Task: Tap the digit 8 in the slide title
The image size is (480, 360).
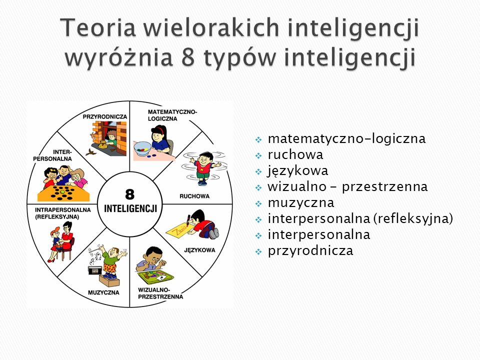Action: click(188, 57)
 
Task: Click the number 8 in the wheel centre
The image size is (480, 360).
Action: click(130, 194)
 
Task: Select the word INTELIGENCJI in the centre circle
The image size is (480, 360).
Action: click(130, 209)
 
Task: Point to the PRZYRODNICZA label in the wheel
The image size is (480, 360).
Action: click(104, 116)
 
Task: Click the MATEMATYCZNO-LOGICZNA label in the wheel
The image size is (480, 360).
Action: click(172, 115)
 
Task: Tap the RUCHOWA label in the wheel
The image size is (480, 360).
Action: click(194, 196)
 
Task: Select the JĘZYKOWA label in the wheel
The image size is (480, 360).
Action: click(199, 250)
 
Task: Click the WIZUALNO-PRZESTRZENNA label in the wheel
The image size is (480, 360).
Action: click(160, 293)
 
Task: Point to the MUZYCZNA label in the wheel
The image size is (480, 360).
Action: click(103, 292)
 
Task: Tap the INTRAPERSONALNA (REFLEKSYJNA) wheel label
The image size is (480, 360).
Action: click(63, 213)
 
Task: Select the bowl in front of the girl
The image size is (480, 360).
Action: click(142, 148)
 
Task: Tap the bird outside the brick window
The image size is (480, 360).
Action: click(91, 152)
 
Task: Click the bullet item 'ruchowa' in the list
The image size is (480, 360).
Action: click(295, 154)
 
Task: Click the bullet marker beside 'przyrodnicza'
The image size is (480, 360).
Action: click(258, 251)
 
